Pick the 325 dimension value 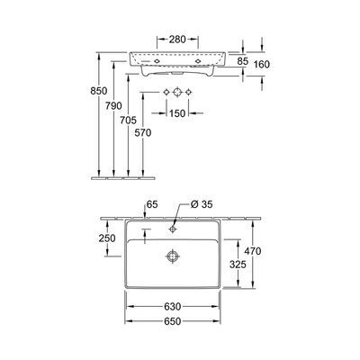click(238, 266)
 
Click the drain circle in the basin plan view click(172, 256)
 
